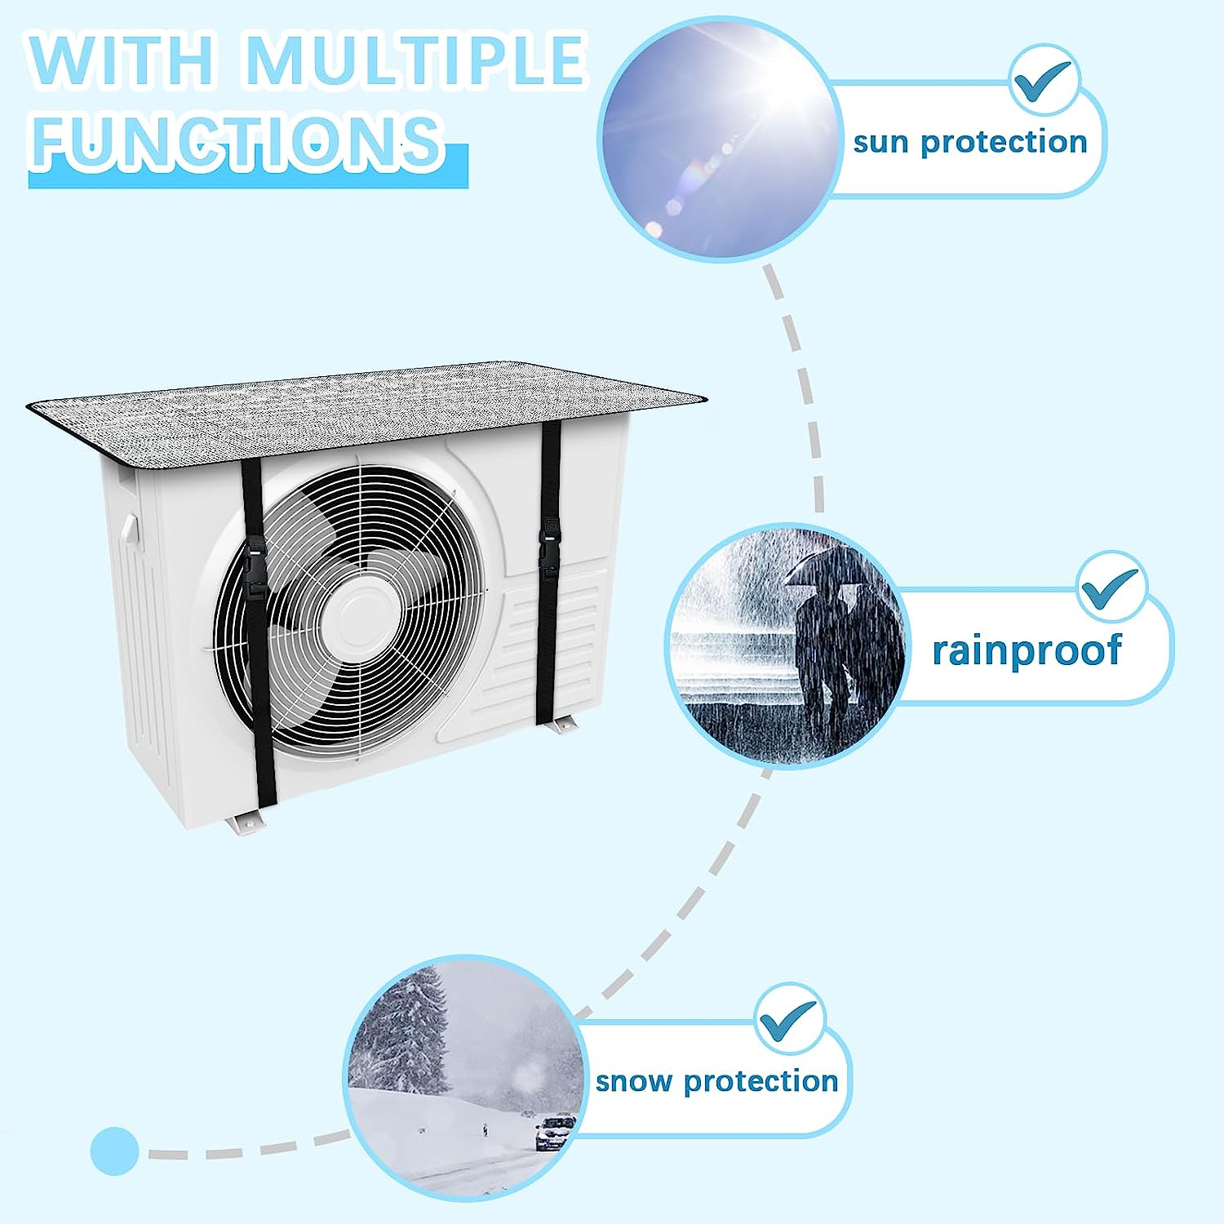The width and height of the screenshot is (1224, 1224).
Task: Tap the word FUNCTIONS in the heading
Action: pyautogui.click(x=237, y=140)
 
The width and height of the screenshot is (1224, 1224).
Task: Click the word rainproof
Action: pyautogui.click(x=1027, y=650)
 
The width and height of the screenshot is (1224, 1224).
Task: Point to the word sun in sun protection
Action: pyautogui.click(x=880, y=143)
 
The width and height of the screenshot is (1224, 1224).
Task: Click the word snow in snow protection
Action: pyautogui.click(x=634, y=1081)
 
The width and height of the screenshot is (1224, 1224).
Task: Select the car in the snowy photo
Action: pyautogui.click(x=555, y=1133)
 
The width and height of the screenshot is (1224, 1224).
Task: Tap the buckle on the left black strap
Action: pyautogui.click(x=254, y=569)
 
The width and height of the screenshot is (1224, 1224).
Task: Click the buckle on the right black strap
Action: pyautogui.click(x=548, y=545)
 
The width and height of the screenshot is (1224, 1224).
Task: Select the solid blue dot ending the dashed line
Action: pyautogui.click(x=115, y=1151)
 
